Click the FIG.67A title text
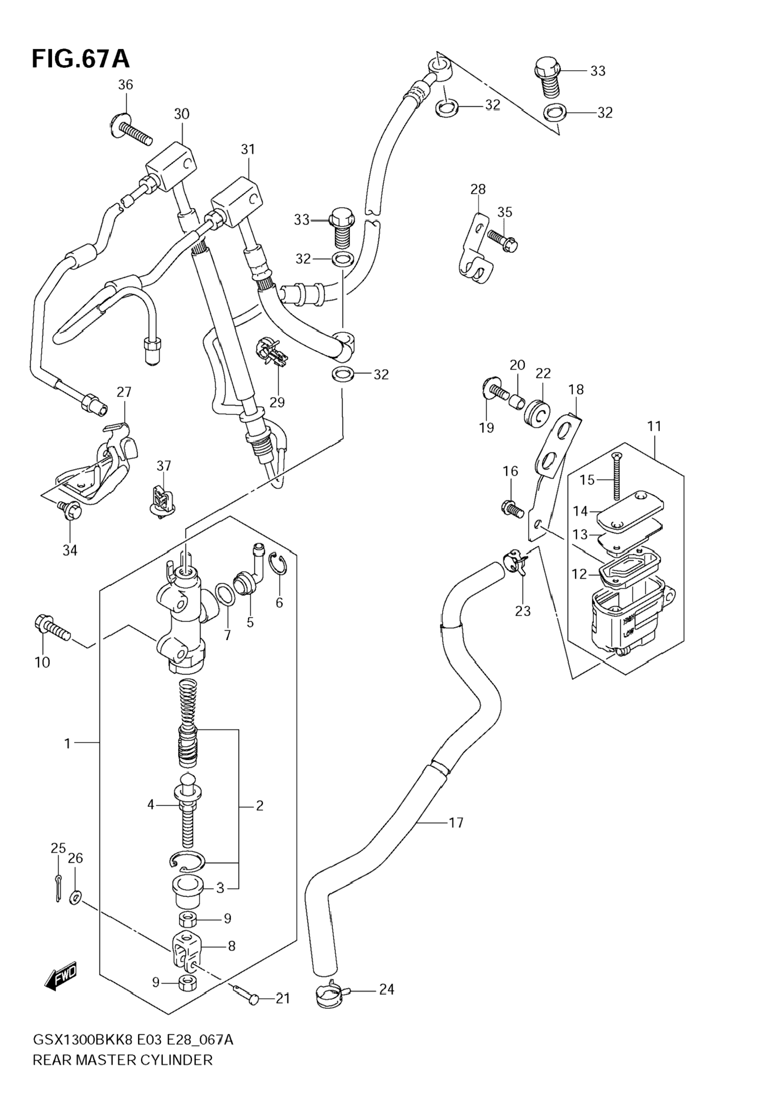[80, 59]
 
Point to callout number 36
[125, 85]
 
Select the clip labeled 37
[160, 503]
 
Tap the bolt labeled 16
[513, 508]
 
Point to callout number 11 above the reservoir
[654, 426]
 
